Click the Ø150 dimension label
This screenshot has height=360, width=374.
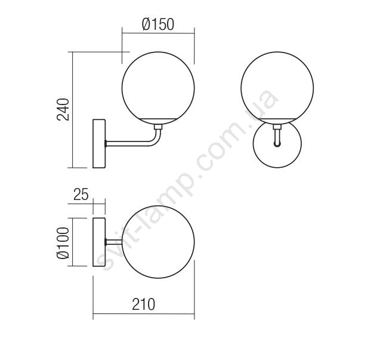[x=158, y=24]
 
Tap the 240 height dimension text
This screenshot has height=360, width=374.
[x=63, y=109]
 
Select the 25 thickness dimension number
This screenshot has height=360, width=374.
[x=81, y=194]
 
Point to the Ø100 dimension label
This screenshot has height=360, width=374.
[x=63, y=243]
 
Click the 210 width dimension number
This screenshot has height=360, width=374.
[x=144, y=304]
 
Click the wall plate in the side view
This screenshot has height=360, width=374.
[x=99, y=143]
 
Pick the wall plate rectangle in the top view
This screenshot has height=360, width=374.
[x=99, y=242]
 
